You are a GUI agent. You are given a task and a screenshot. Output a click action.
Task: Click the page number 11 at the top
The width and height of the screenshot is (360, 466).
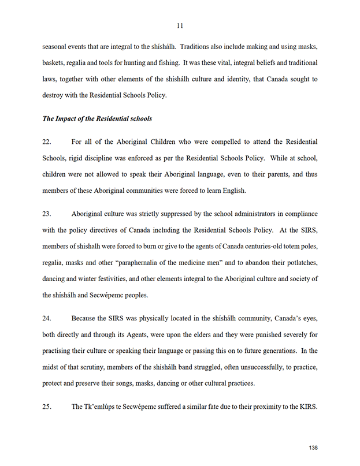click(180, 25)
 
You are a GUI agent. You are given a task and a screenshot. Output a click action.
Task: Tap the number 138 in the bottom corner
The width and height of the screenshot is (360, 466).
click(313, 448)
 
